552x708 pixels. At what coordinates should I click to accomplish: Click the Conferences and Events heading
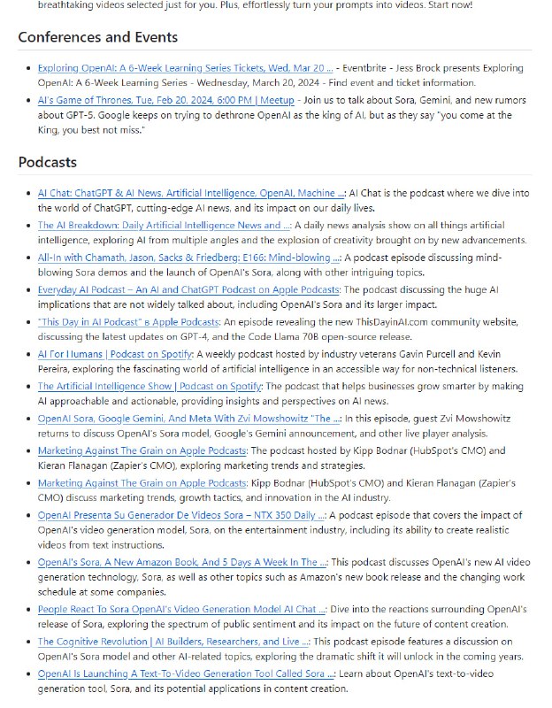[x=97, y=37]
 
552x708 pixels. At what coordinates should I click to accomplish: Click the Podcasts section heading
[x=47, y=162]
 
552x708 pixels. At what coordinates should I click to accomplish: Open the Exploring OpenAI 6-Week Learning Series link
[x=185, y=67]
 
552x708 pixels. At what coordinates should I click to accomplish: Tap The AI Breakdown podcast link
[x=164, y=225]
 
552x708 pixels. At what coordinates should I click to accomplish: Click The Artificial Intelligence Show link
[x=149, y=387]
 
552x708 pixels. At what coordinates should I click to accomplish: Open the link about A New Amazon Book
[x=182, y=561]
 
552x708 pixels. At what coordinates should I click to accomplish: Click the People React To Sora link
[x=182, y=609]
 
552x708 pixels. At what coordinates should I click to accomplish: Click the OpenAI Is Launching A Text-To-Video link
[x=180, y=673]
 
